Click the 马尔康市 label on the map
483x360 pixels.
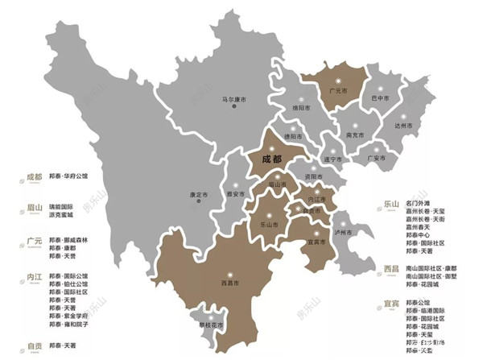[x=237, y=101]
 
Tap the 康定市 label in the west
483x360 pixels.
[x=199, y=194]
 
